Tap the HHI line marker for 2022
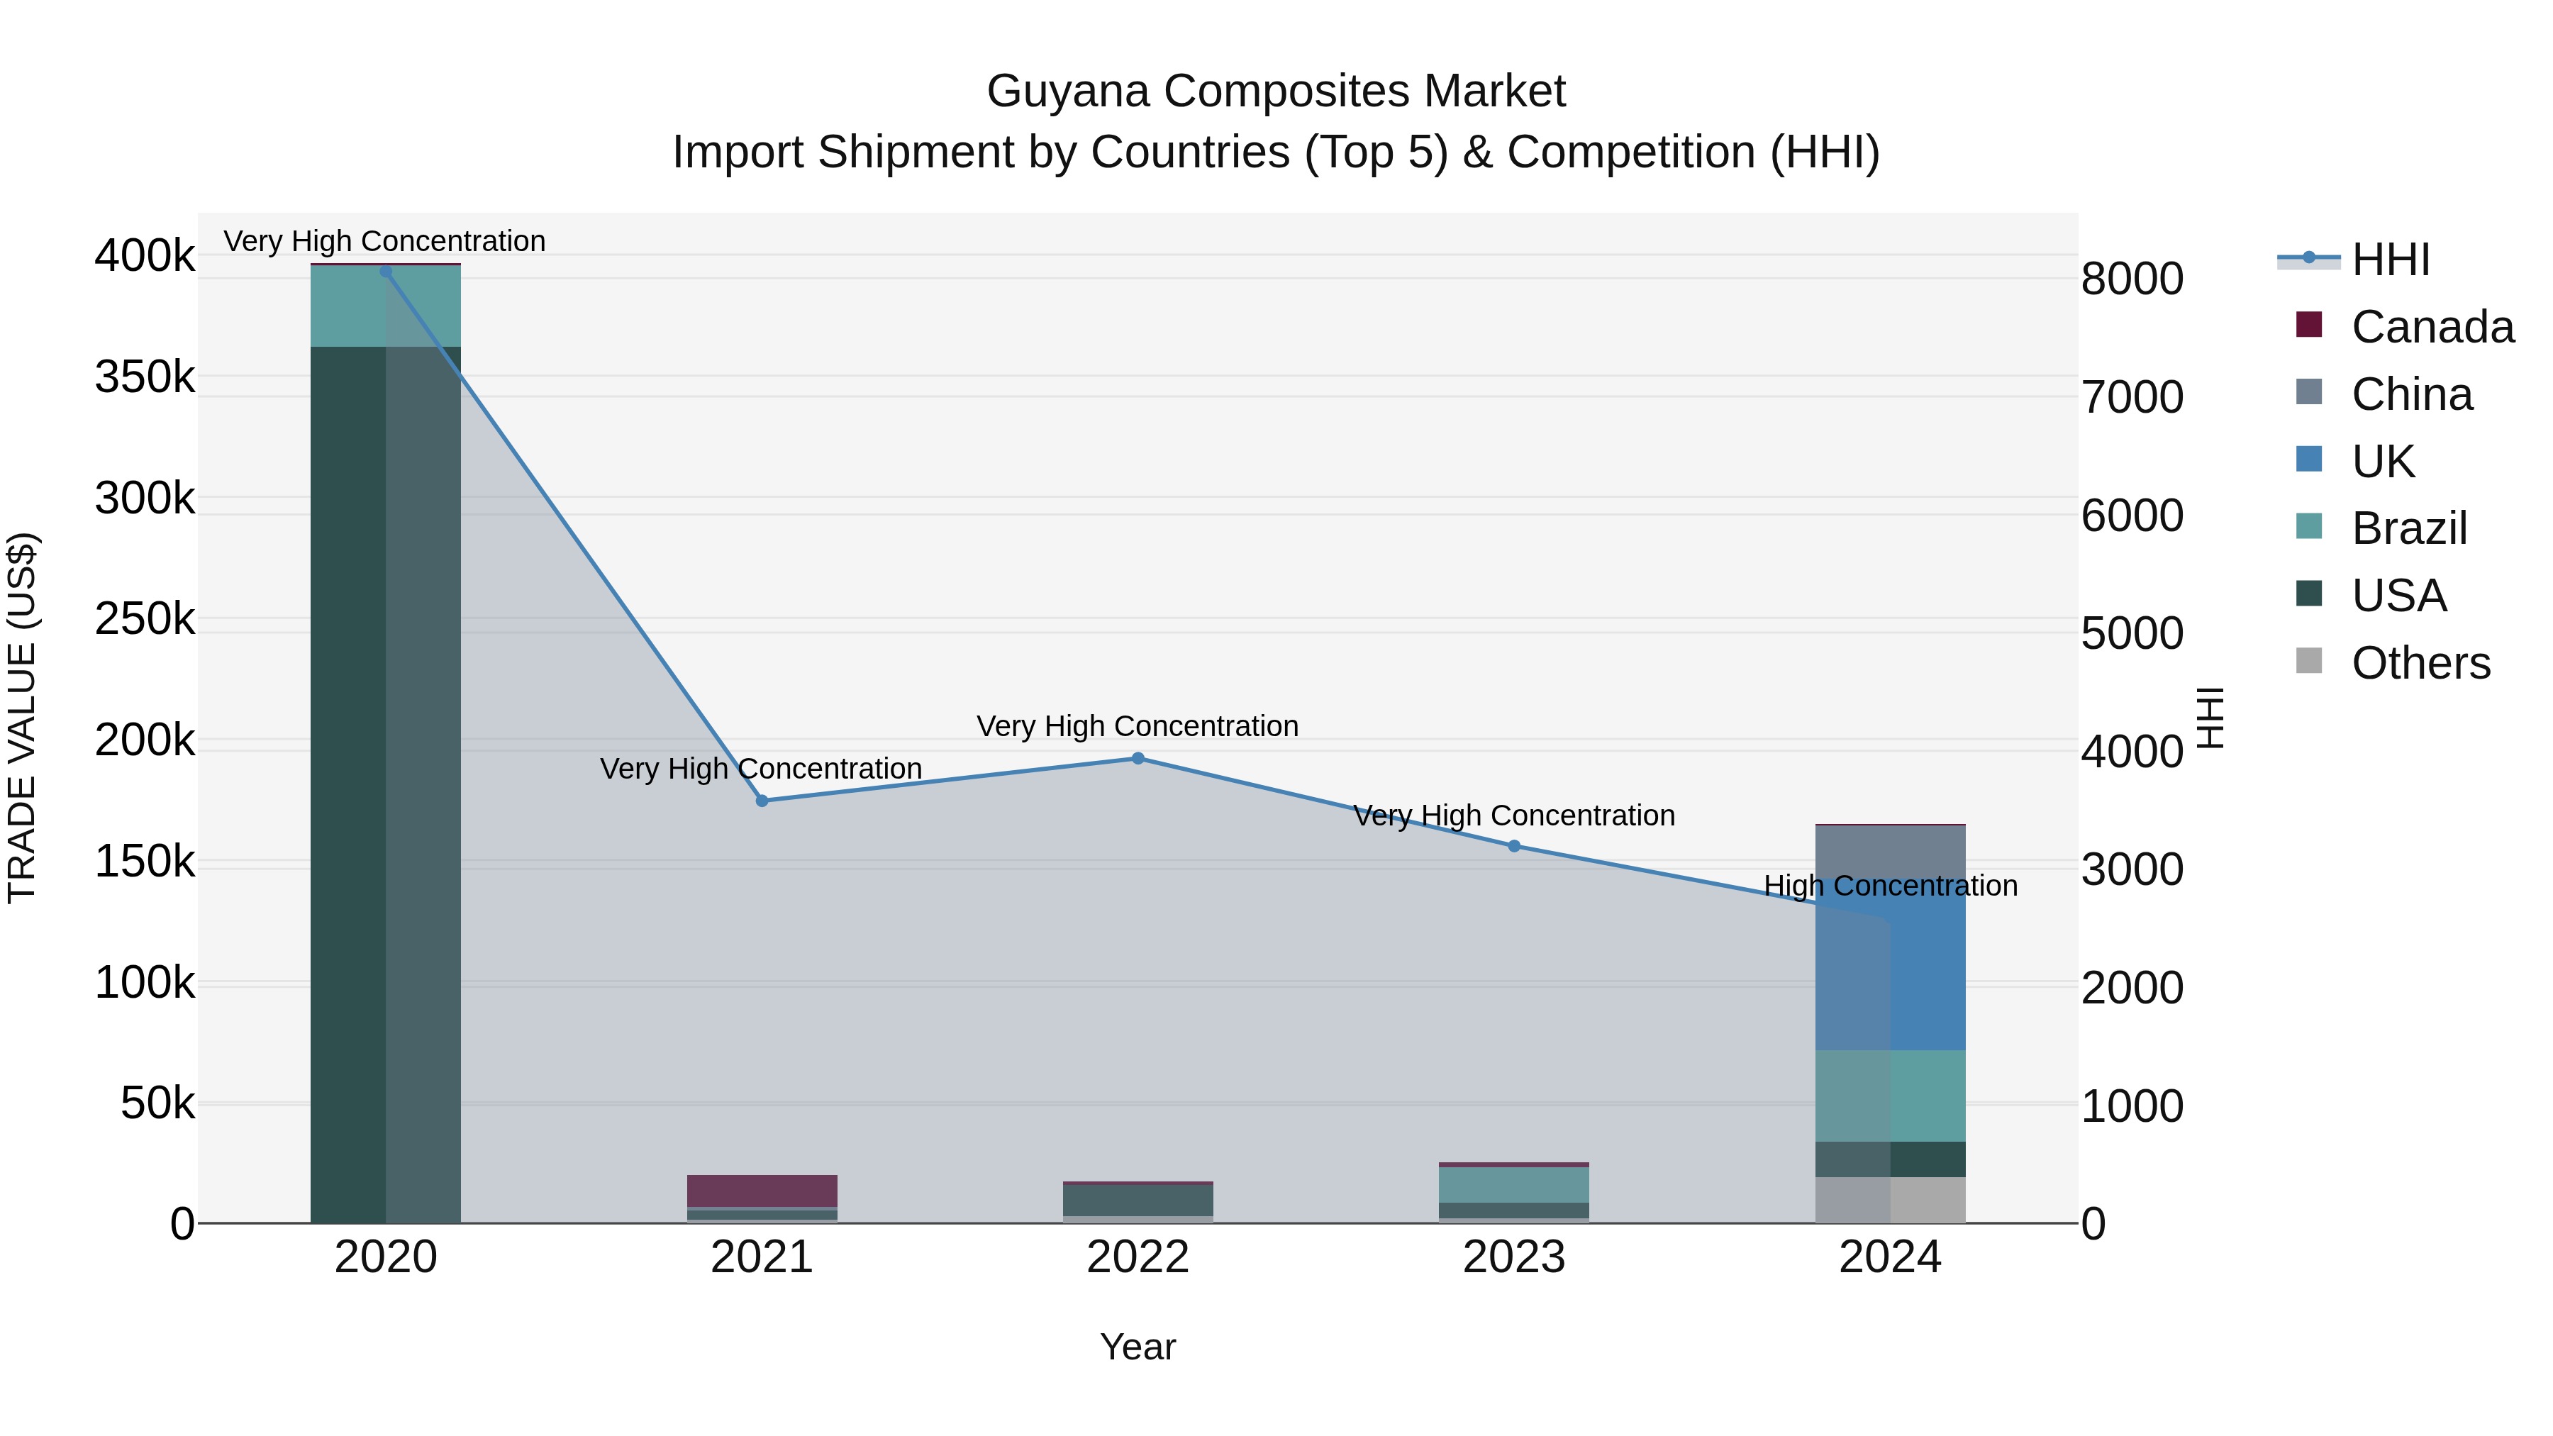[x=1138, y=758]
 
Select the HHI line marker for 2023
[x=1513, y=846]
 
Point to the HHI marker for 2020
[x=386, y=271]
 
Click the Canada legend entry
[x=2431, y=327]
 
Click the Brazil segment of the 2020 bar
[x=386, y=306]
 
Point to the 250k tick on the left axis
[x=145, y=619]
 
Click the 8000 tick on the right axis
[x=2132, y=279]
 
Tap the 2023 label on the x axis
[x=1513, y=1257]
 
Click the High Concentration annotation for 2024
[x=1890, y=885]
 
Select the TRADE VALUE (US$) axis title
[x=22, y=718]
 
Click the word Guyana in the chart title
[x=1067, y=91]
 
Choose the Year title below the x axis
[x=1138, y=1347]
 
